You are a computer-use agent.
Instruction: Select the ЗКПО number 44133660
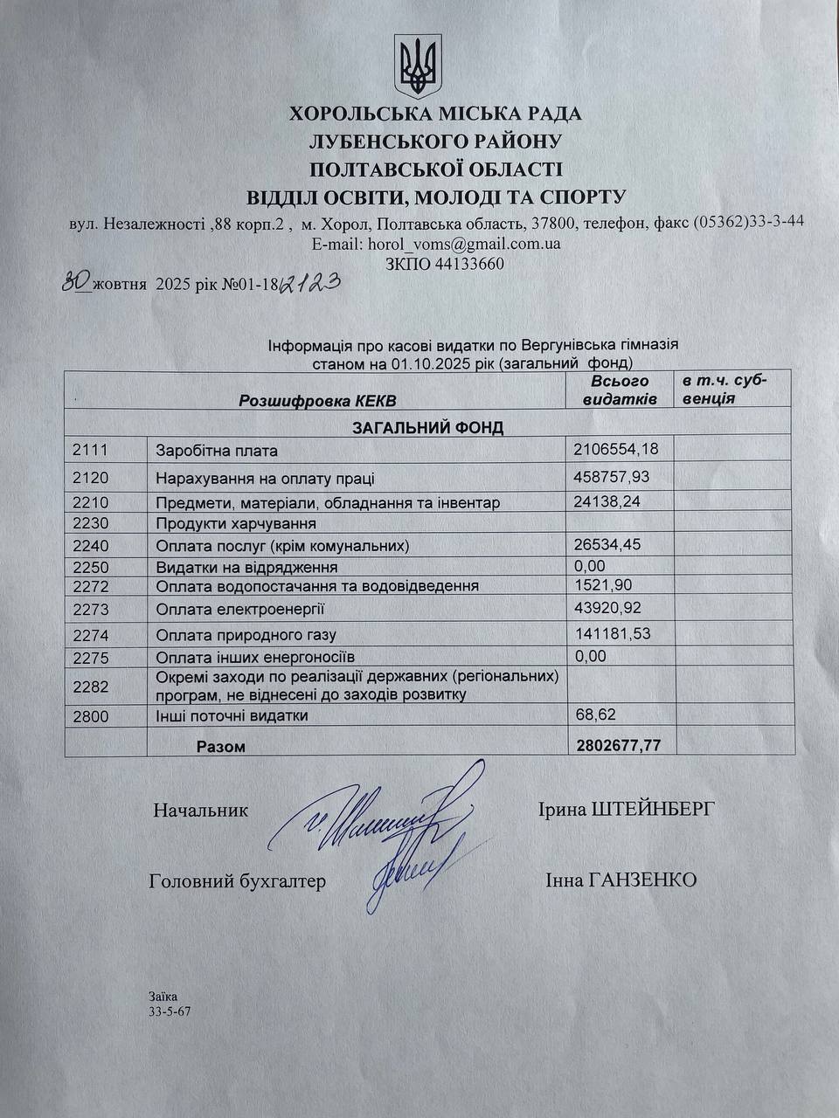point(468,264)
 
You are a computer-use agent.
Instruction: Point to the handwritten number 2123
point(308,282)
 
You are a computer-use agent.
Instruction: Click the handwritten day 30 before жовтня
point(77,281)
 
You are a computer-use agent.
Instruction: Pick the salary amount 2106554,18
point(616,449)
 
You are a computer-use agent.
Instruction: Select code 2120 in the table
point(90,478)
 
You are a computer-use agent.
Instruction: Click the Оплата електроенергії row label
point(233,609)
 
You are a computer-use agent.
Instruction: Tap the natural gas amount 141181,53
point(613,633)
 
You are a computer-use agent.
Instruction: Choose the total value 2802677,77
point(619,746)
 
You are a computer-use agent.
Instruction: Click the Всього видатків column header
point(620,390)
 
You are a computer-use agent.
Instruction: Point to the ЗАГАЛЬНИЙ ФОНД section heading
point(427,428)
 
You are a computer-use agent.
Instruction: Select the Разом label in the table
point(220,747)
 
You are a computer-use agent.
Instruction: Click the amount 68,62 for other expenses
point(595,714)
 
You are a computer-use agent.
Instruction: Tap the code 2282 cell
point(90,687)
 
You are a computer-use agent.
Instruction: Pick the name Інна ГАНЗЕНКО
point(621,880)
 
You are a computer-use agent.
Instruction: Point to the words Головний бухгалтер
point(238,881)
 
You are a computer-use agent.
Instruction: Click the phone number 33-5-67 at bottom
point(170,1011)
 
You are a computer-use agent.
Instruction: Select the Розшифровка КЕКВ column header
point(316,401)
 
